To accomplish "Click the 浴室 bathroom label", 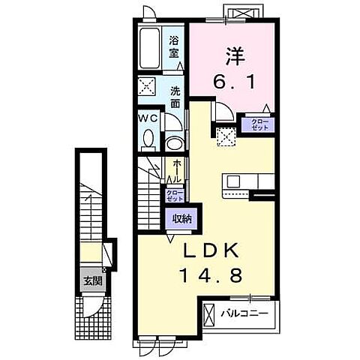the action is pyautogui.click(x=174, y=47).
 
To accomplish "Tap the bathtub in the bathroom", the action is pyautogui.click(x=149, y=48).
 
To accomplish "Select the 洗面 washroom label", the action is pyautogui.click(x=175, y=97).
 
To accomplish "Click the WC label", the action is pyautogui.click(x=148, y=118).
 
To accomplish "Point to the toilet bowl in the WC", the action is pyautogui.click(x=149, y=138).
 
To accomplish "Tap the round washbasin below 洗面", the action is pyautogui.click(x=175, y=144).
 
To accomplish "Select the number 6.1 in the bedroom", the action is pyautogui.click(x=234, y=82).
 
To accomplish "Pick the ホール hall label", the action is pyautogui.click(x=176, y=171).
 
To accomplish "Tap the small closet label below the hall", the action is pyautogui.click(x=175, y=196).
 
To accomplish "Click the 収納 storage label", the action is pyautogui.click(x=182, y=219).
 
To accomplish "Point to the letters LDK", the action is pyautogui.click(x=211, y=251).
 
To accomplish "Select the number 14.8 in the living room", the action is pyautogui.click(x=211, y=275).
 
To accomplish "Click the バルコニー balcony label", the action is pyautogui.click(x=244, y=313).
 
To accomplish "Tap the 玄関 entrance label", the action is pyautogui.click(x=93, y=281).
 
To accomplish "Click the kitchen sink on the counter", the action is pyautogui.click(x=233, y=181).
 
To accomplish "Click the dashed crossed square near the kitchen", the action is pyautogui.click(x=226, y=136).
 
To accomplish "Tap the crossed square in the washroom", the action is pyautogui.click(x=147, y=86).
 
